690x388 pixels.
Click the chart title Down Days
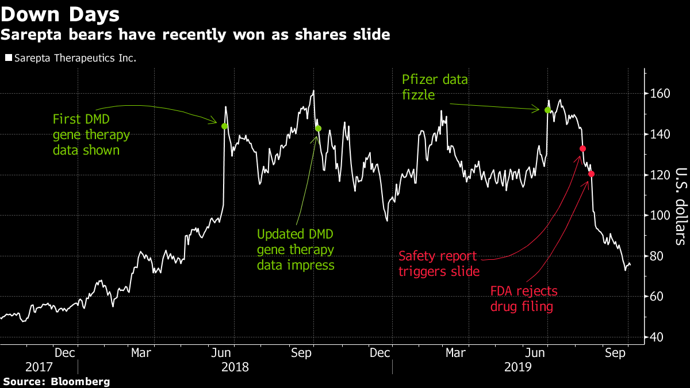pyautogui.click(x=60, y=14)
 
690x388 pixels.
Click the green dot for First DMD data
pyautogui.click(x=224, y=126)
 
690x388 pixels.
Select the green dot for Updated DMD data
pyautogui.click(x=318, y=128)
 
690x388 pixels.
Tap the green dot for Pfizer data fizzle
pyautogui.click(x=547, y=110)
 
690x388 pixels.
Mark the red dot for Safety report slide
pyautogui.click(x=582, y=149)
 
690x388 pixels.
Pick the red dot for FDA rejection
pyautogui.click(x=591, y=174)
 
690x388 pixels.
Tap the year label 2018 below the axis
pyautogui.click(x=235, y=367)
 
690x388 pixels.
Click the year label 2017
pyautogui.click(x=39, y=367)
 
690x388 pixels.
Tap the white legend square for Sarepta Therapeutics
pyautogui.click(x=7, y=58)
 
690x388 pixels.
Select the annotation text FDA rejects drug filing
pyautogui.click(x=523, y=299)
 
